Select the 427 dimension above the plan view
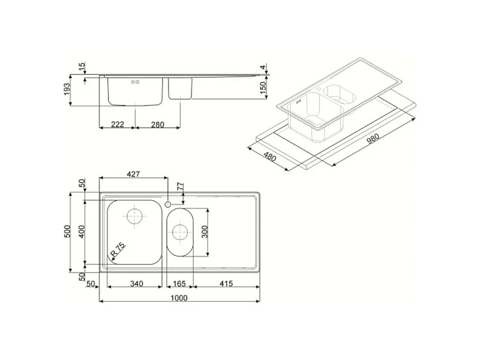pyautogui.click(x=134, y=173)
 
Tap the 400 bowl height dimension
pyautogui.click(x=82, y=231)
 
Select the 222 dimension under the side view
pyautogui.click(x=117, y=123)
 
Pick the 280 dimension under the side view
pyautogui.click(x=157, y=123)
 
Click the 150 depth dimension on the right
pyautogui.click(x=262, y=88)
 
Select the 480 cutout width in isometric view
pyautogui.click(x=269, y=157)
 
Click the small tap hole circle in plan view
pyautogui.click(x=167, y=204)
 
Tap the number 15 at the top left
pyautogui.click(x=82, y=65)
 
